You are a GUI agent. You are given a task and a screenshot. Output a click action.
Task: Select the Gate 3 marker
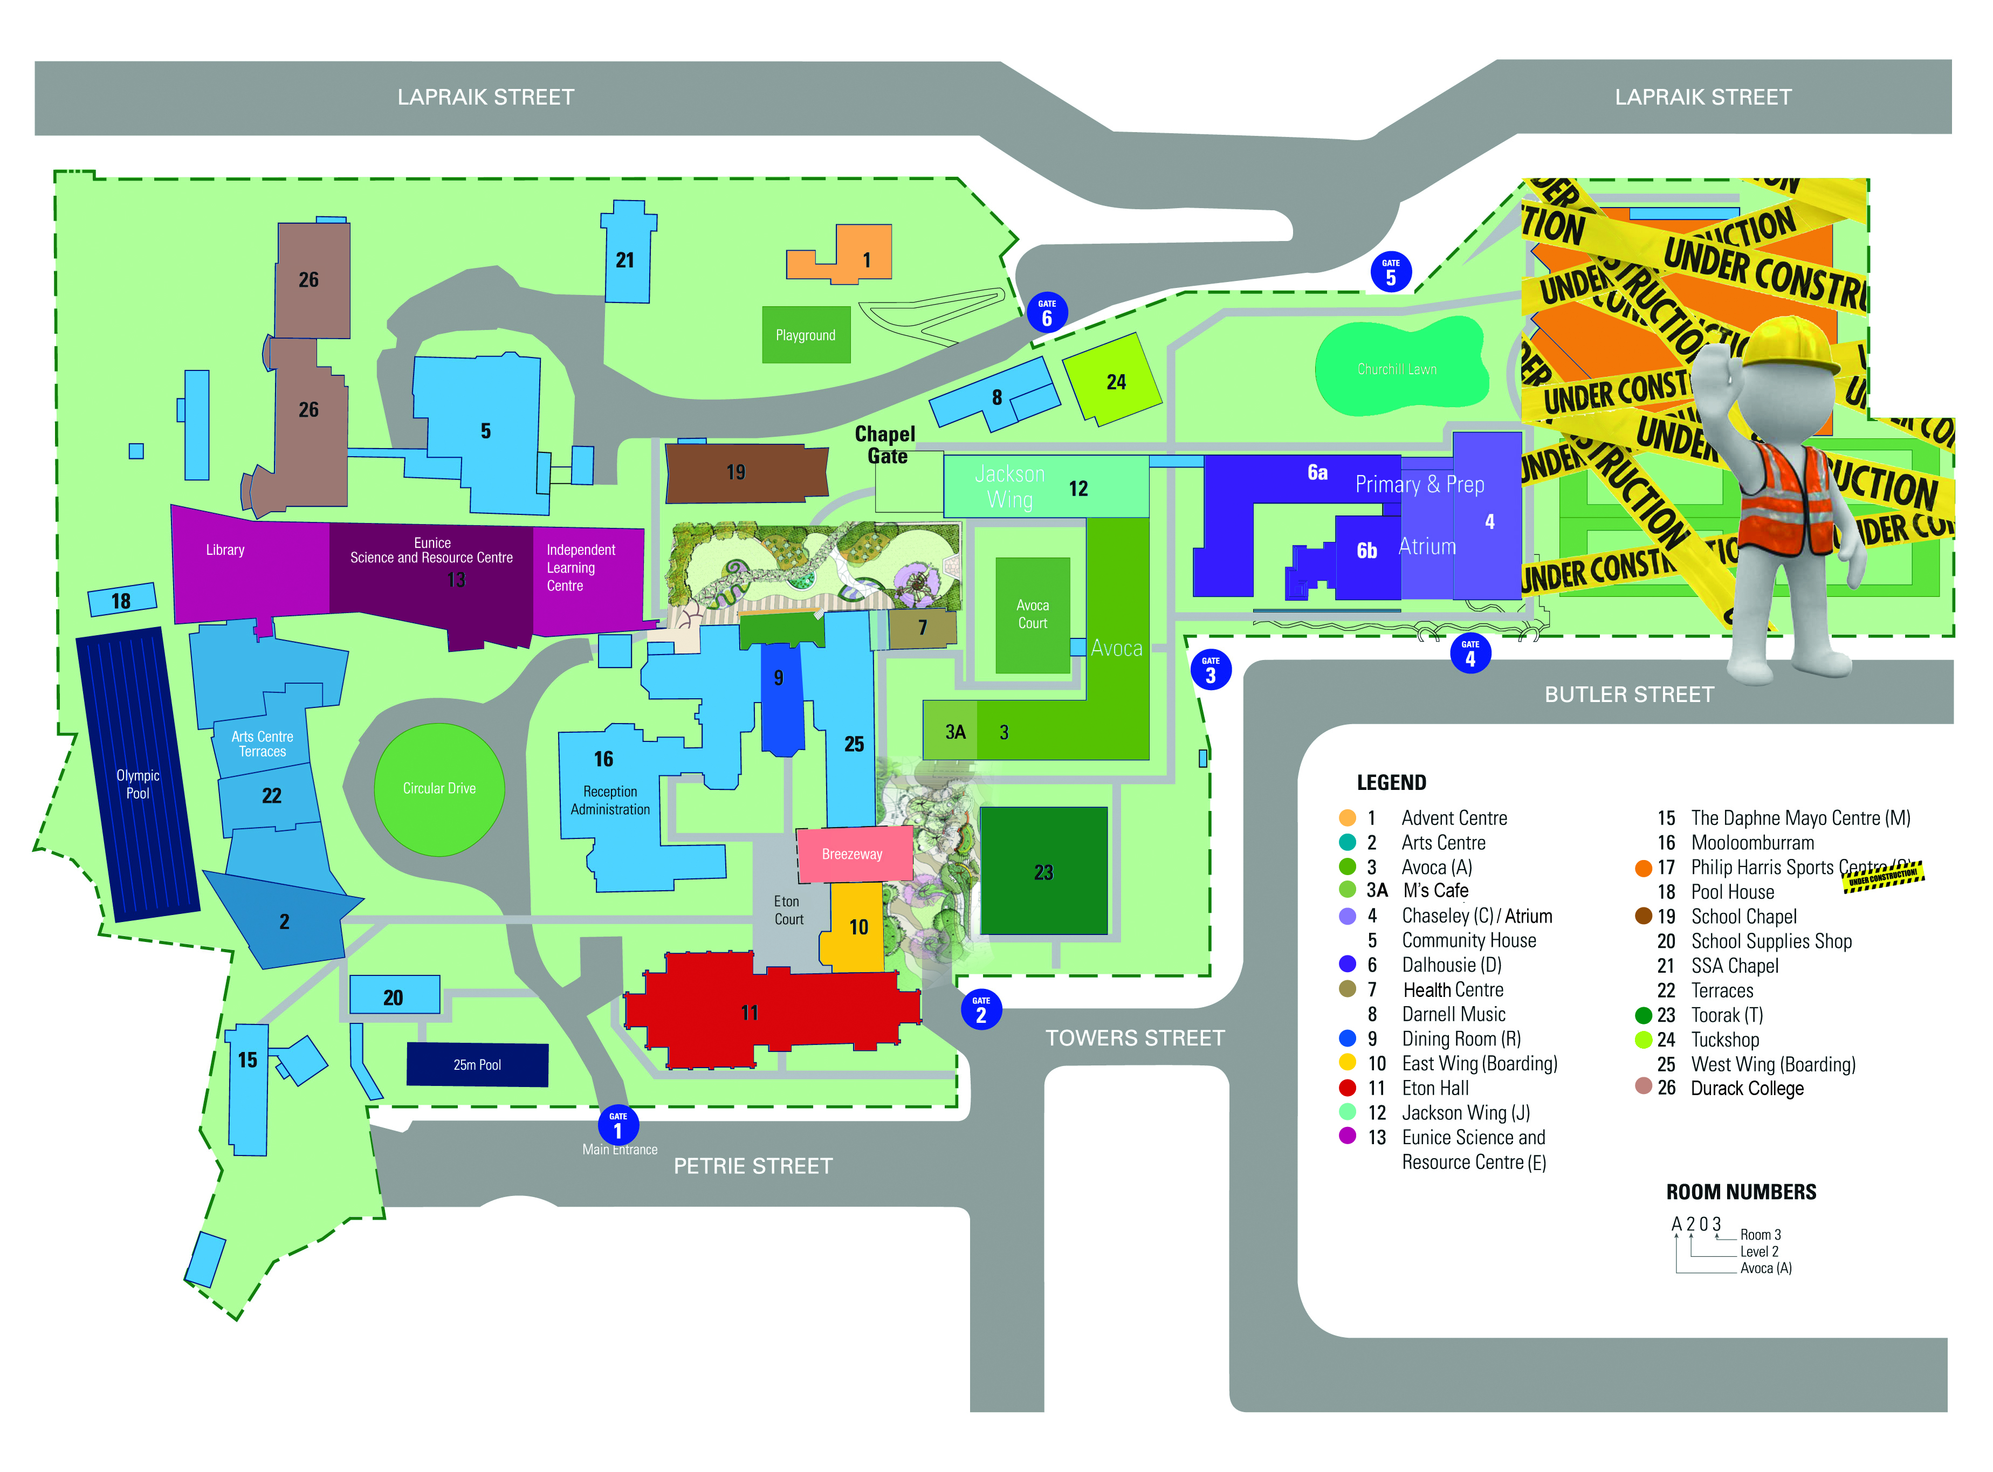point(1210,670)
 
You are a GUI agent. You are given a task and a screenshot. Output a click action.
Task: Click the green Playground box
point(806,335)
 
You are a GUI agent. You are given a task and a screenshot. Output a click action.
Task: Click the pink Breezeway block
point(853,854)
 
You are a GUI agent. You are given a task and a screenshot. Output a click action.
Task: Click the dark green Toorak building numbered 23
point(1043,871)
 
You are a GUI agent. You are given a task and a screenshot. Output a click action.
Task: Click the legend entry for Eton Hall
point(1434,1088)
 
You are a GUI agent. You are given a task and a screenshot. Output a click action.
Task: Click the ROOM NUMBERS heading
point(1740,1192)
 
